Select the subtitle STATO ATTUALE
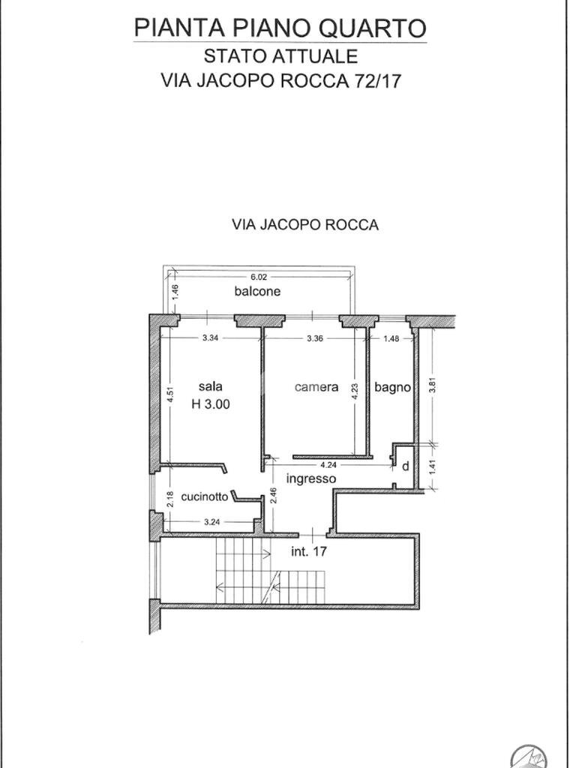tap(280, 55)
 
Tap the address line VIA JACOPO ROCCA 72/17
tap(280, 81)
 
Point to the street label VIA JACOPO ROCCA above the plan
tap(305, 225)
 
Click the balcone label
tap(257, 291)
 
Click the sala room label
tap(209, 387)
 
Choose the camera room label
tap(316, 388)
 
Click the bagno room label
tap(393, 388)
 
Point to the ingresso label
tap(310, 478)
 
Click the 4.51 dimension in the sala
tap(170, 392)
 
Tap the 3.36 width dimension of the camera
tap(315, 338)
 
